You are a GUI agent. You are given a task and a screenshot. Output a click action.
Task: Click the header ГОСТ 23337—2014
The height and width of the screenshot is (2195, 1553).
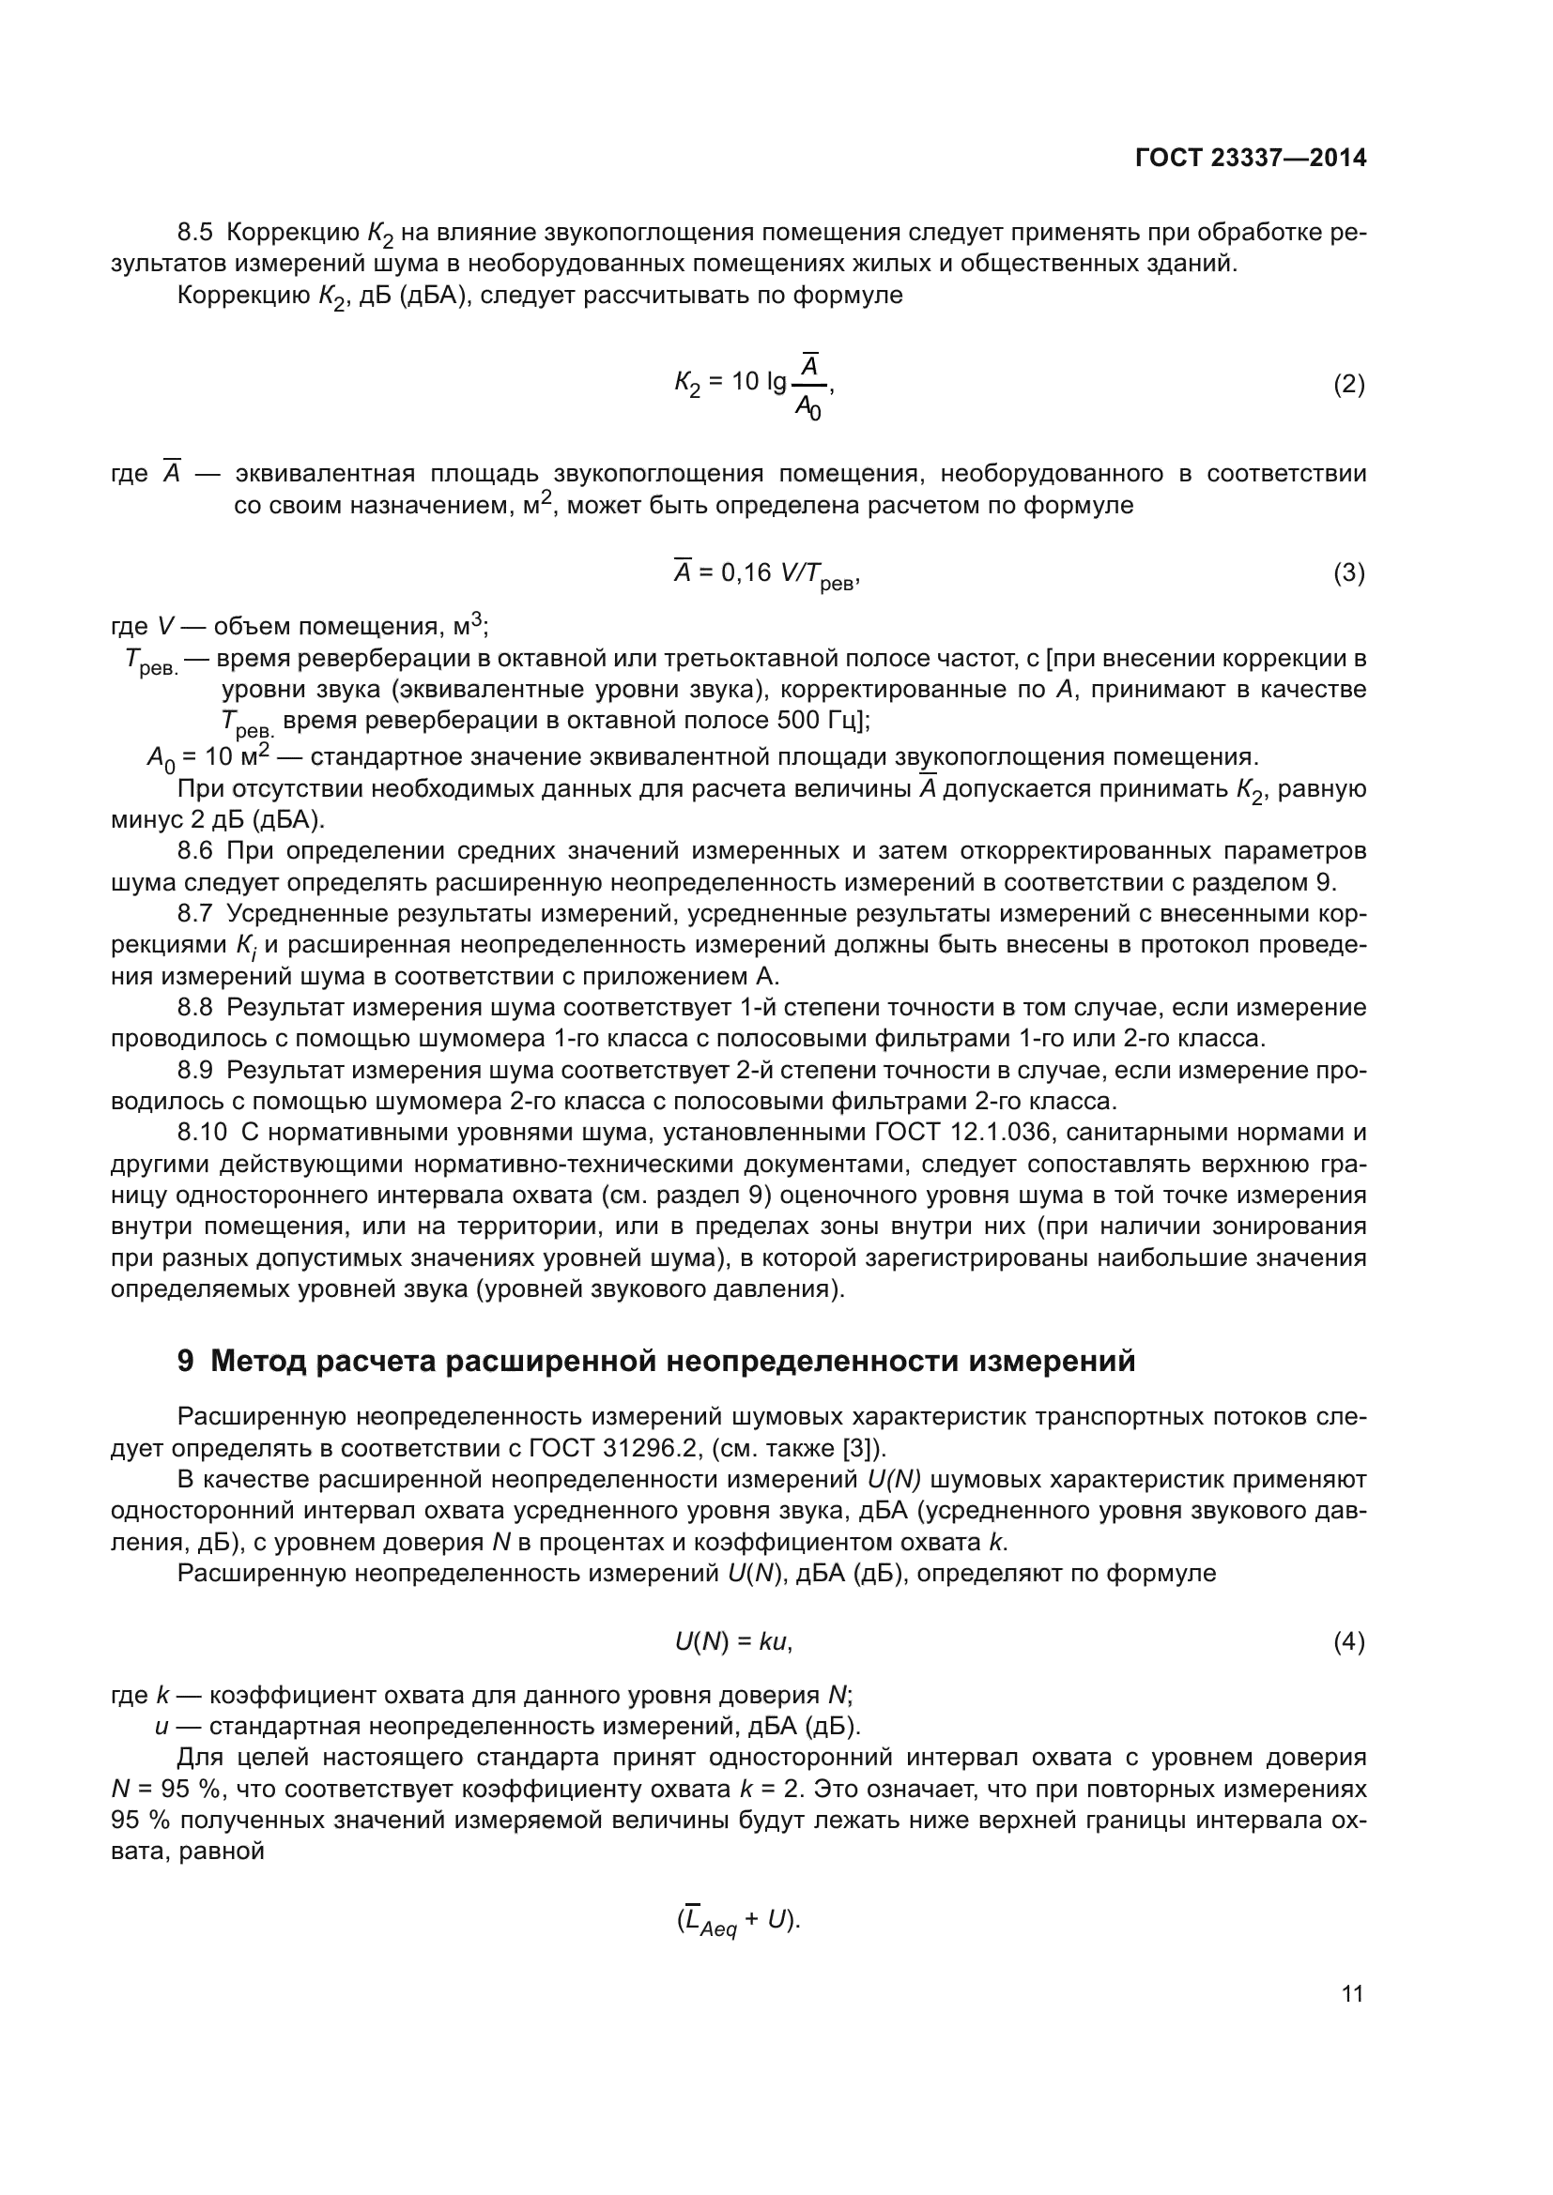(x=1251, y=158)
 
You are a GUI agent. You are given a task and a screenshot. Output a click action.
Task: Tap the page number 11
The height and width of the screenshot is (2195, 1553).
(x=1352, y=1993)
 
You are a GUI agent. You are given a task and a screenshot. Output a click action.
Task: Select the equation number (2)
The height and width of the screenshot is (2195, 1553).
(x=1348, y=385)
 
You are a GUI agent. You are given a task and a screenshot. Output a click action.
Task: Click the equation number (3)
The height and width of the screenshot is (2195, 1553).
(x=1348, y=572)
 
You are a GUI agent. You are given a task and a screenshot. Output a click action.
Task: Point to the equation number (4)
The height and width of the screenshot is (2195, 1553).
(x=1348, y=1641)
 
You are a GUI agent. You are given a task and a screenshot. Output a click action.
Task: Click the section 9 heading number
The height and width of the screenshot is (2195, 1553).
(x=186, y=1361)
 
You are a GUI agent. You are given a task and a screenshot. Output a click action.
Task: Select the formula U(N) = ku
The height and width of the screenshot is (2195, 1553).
(x=733, y=1641)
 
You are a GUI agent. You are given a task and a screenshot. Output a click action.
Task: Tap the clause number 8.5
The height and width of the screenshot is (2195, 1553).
(x=195, y=233)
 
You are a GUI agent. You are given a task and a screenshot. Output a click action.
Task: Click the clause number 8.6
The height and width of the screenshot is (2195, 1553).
(x=195, y=850)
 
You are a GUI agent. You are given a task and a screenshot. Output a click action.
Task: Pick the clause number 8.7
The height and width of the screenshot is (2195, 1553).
(x=195, y=913)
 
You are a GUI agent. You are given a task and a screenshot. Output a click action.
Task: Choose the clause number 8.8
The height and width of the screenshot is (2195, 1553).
(x=195, y=1007)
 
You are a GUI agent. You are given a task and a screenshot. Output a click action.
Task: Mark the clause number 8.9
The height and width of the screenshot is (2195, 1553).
(x=195, y=1070)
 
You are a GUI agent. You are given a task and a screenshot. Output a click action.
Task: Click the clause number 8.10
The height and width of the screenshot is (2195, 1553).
(x=202, y=1133)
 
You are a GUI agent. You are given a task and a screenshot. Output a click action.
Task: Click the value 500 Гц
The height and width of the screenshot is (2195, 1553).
(x=821, y=720)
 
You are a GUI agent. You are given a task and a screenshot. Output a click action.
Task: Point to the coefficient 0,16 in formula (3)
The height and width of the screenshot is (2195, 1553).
(x=745, y=572)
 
